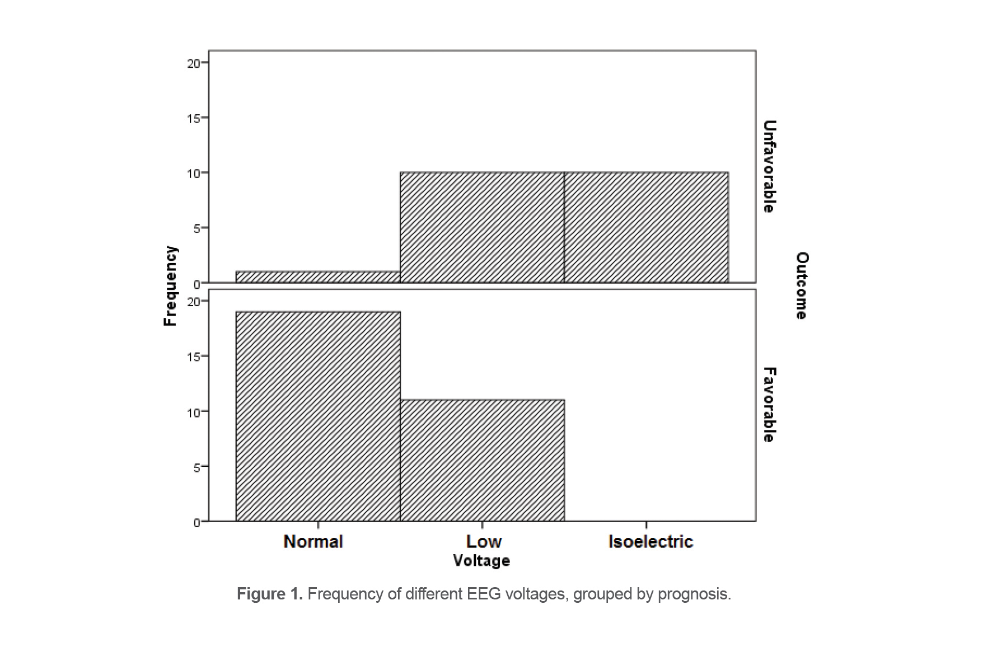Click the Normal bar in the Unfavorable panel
(318, 277)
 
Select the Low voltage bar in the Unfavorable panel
(482, 227)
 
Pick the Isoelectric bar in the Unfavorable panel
(646, 227)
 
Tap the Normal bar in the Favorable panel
(318, 416)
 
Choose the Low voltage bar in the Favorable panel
(482, 460)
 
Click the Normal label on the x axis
(313, 541)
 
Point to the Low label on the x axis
(484, 541)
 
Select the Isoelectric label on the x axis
(651, 541)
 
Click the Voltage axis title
(481, 560)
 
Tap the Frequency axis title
(170, 285)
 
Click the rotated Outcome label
(802, 285)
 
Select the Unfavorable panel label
(769, 166)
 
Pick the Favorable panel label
(769, 405)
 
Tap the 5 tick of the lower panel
(196, 467)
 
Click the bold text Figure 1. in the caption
(269, 594)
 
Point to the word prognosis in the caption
(694, 594)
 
